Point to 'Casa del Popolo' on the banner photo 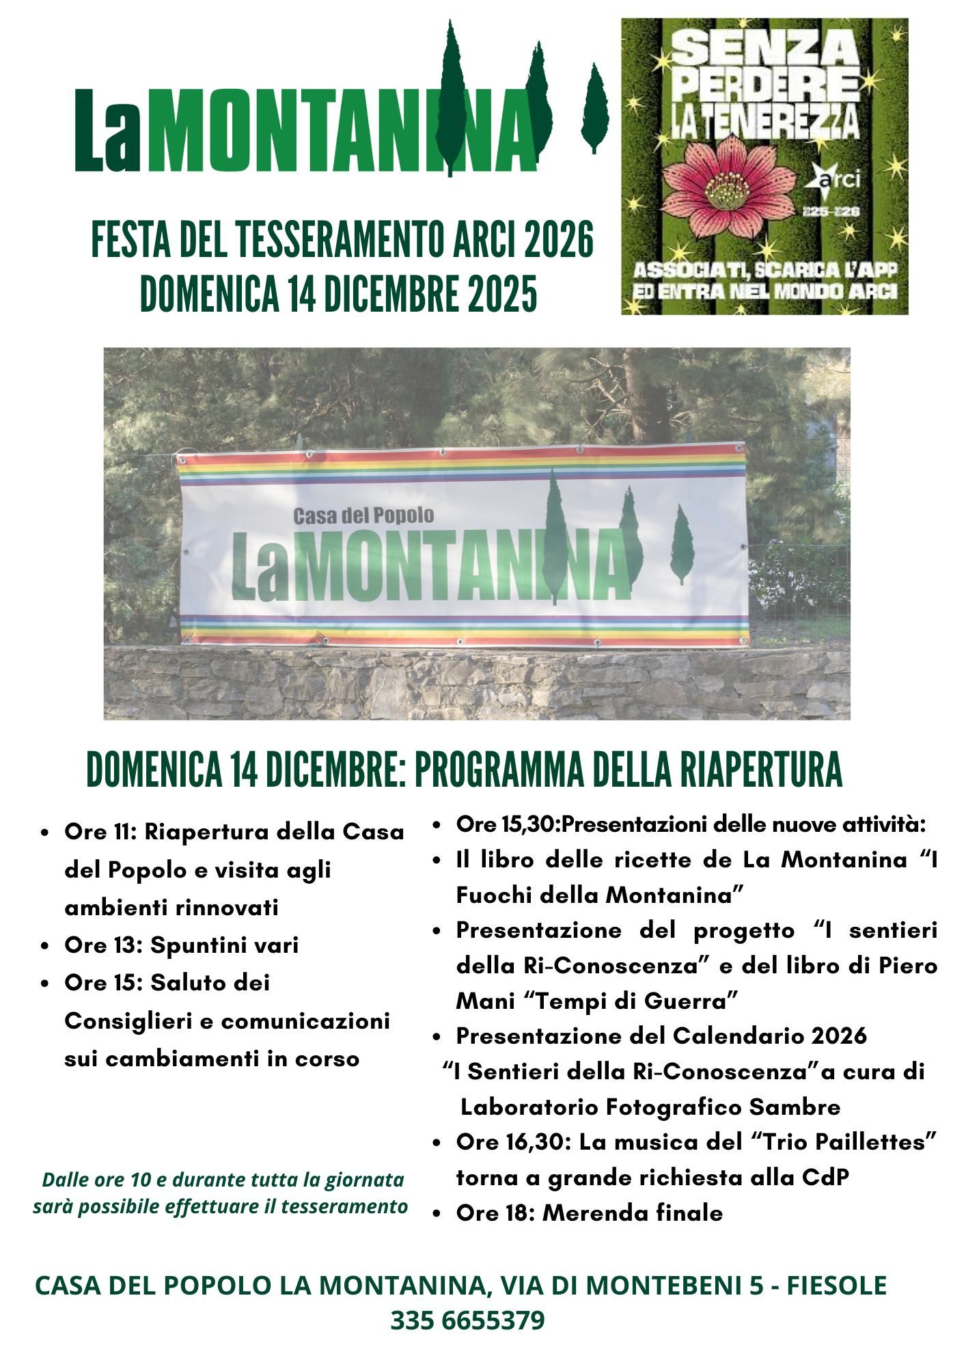pyautogui.click(x=363, y=515)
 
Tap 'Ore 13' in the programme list pyautogui.click(x=102, y=945)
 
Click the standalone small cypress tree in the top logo pyautogui.click(x=594, y=106)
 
